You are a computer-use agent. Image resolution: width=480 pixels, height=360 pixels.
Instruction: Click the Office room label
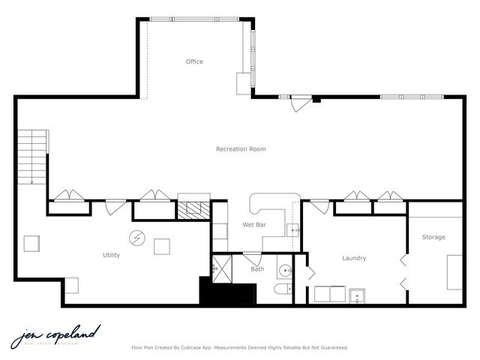pos(194,61)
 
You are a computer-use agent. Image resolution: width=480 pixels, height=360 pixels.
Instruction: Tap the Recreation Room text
pos(241,149)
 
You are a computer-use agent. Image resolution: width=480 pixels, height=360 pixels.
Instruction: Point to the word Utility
pos(111,255)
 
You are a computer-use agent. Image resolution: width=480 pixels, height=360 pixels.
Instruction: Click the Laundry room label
pos(354,258)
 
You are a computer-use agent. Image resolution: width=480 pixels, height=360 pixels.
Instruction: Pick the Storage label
pos(433,237)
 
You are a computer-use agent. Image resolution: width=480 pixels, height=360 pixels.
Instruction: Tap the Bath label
pos(257,269)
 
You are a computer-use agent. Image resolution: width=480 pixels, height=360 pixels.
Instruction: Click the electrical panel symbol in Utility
pos(137,238)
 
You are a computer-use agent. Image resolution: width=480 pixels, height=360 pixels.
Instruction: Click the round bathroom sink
pos(285,269)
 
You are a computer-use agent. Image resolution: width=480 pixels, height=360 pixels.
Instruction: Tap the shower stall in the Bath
pos(223,266)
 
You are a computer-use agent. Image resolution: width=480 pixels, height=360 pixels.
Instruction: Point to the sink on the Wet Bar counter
pos(293,230)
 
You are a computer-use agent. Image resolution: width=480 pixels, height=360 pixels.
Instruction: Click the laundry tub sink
pos(356,295)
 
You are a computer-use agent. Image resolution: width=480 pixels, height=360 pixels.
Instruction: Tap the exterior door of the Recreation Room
pos(301,102)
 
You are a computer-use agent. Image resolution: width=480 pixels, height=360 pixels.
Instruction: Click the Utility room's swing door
pos(115,205)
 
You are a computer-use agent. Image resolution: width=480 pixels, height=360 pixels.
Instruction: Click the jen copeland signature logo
pos(55,335)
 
